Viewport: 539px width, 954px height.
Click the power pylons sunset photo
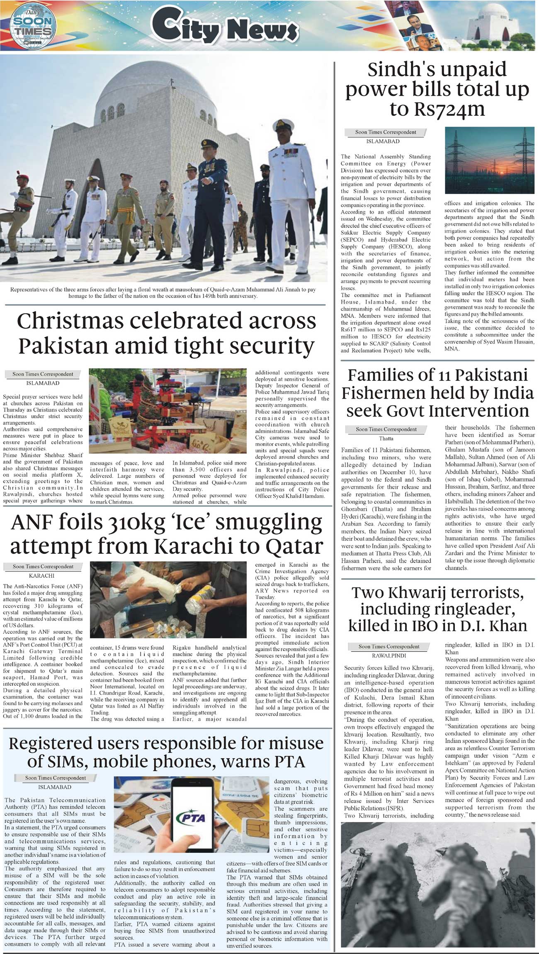489,160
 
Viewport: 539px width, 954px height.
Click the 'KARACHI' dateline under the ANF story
41,576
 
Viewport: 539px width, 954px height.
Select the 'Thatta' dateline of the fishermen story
386,438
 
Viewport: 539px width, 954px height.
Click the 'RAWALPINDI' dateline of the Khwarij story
389,656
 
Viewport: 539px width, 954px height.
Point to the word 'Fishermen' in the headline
387,393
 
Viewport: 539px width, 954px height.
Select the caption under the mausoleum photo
163,293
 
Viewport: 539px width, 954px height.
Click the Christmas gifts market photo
168,411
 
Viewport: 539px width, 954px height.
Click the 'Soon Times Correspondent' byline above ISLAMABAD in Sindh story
385,132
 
